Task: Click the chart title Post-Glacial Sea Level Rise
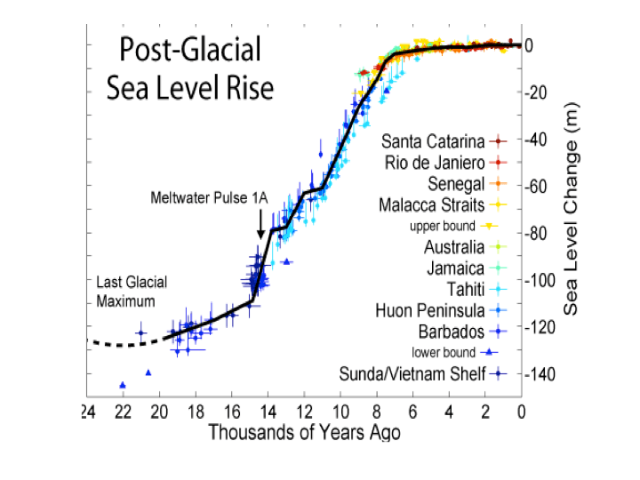click(x=189, y=68)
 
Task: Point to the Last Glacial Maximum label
click(x=132, y=292)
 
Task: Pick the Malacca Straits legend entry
click(x=435, y=206)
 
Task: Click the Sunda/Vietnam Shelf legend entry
click(x=412, y=373)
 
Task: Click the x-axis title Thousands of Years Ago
click(x=303, y=433)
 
